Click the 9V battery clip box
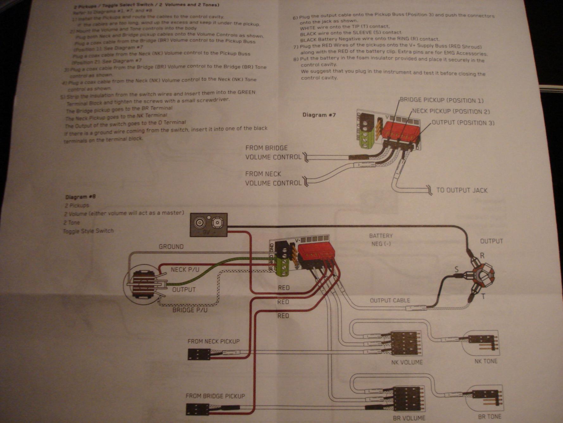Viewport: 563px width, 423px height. (209, 225)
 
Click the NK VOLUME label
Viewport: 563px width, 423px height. (407, 362)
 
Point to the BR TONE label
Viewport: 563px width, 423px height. (490, 417)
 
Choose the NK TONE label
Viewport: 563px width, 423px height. (486, 361)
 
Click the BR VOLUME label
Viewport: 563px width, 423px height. (409, 418)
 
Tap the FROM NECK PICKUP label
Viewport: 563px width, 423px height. (213, 342)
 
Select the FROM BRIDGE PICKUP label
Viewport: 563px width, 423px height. (215, 396)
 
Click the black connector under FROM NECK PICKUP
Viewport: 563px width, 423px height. (199, 354)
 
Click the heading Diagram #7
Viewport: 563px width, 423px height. (319, 115)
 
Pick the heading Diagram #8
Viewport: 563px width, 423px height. (80, 197)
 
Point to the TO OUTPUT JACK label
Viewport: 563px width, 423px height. (462, 190)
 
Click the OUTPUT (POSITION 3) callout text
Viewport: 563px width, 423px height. (463, 123)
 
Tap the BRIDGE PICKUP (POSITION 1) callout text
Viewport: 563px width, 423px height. (442, 101)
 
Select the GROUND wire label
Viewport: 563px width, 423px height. (171, 247)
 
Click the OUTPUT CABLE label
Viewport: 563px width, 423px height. (390, 300)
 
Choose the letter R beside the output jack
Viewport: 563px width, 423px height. (482, 256)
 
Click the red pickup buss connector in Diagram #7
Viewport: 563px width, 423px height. (399, 130)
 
